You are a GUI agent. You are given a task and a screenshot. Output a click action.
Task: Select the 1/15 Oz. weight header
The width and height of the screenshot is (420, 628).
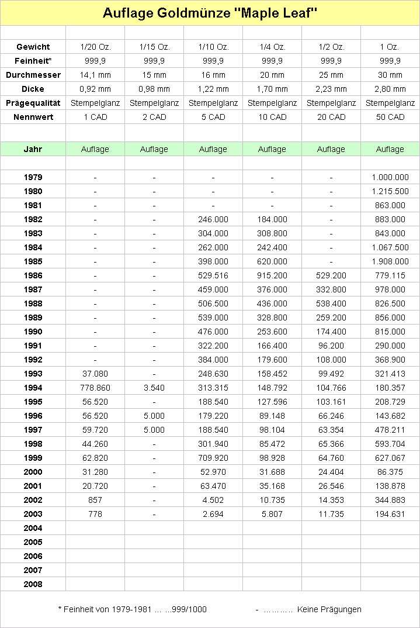[154, 47]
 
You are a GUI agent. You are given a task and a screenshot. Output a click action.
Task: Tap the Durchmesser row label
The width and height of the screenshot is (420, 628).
[33, 75]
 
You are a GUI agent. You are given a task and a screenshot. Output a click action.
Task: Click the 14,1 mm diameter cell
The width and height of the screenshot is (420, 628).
[95, 75]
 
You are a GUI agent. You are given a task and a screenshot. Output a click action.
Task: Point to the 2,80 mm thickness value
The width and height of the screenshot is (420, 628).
[390, 89]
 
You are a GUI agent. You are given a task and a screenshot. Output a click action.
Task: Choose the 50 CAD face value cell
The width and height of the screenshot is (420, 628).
[390, 117]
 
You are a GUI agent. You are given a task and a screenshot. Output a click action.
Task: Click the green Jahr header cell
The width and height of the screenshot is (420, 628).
[33, 149]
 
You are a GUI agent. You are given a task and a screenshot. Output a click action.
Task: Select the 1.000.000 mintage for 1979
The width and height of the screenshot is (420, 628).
[390, 177]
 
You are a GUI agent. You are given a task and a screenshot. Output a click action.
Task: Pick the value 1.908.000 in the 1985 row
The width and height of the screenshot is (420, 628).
[390, 261]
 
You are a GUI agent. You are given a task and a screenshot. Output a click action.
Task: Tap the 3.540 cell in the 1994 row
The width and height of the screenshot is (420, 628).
[154, 388]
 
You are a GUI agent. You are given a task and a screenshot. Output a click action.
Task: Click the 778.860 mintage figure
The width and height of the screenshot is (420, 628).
[95, 388]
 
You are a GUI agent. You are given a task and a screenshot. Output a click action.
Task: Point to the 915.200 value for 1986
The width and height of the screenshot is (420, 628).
[272, 275]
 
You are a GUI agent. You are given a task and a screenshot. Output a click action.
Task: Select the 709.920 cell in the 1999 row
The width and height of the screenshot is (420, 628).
[213, 458]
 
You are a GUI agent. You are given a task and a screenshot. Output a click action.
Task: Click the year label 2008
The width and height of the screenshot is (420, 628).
[33, 584]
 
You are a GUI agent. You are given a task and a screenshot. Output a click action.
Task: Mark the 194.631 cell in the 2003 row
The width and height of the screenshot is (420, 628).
[390, 514]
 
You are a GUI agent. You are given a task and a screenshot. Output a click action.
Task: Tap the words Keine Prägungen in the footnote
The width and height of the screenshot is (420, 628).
[329, 609]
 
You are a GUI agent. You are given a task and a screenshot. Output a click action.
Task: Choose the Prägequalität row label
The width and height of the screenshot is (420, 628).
[33, 103]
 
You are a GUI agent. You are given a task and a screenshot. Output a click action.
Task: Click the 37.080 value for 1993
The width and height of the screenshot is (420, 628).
[95, 374]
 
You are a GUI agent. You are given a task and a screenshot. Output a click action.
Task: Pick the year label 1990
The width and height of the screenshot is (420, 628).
[33, 332]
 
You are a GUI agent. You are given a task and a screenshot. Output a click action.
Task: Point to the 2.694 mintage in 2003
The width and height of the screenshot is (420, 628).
[213, 514]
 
